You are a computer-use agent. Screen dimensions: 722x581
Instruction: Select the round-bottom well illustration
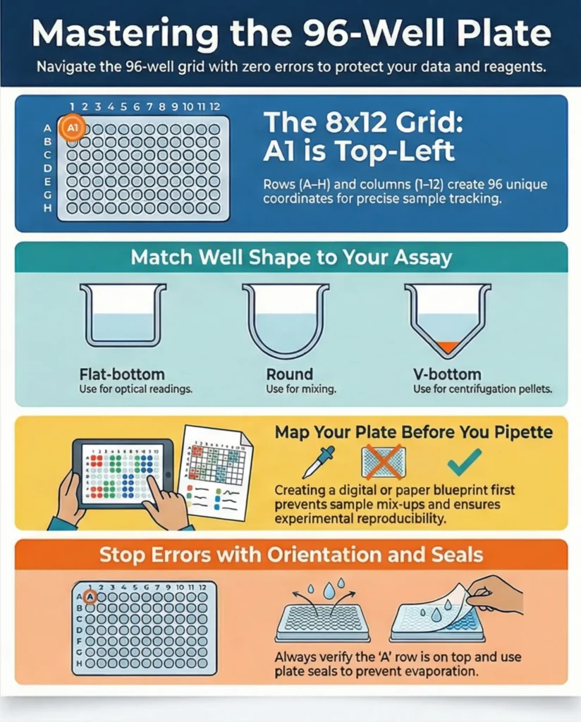click(285, 317)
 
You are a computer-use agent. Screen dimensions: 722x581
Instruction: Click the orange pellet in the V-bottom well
click(447, 346)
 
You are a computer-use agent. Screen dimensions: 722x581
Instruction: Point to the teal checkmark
click(465, 462)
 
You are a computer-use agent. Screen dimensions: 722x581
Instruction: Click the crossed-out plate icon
click(383, 463)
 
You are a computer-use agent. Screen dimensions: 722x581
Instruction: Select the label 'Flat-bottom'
click(122, 374)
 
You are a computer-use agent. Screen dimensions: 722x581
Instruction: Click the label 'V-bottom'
click(446, 374)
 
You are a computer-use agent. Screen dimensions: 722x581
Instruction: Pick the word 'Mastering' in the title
click(113, 34)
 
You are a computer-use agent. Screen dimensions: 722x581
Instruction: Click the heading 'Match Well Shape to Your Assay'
click(290, 257)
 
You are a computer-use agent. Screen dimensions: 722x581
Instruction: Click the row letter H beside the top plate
click(48, 208)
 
